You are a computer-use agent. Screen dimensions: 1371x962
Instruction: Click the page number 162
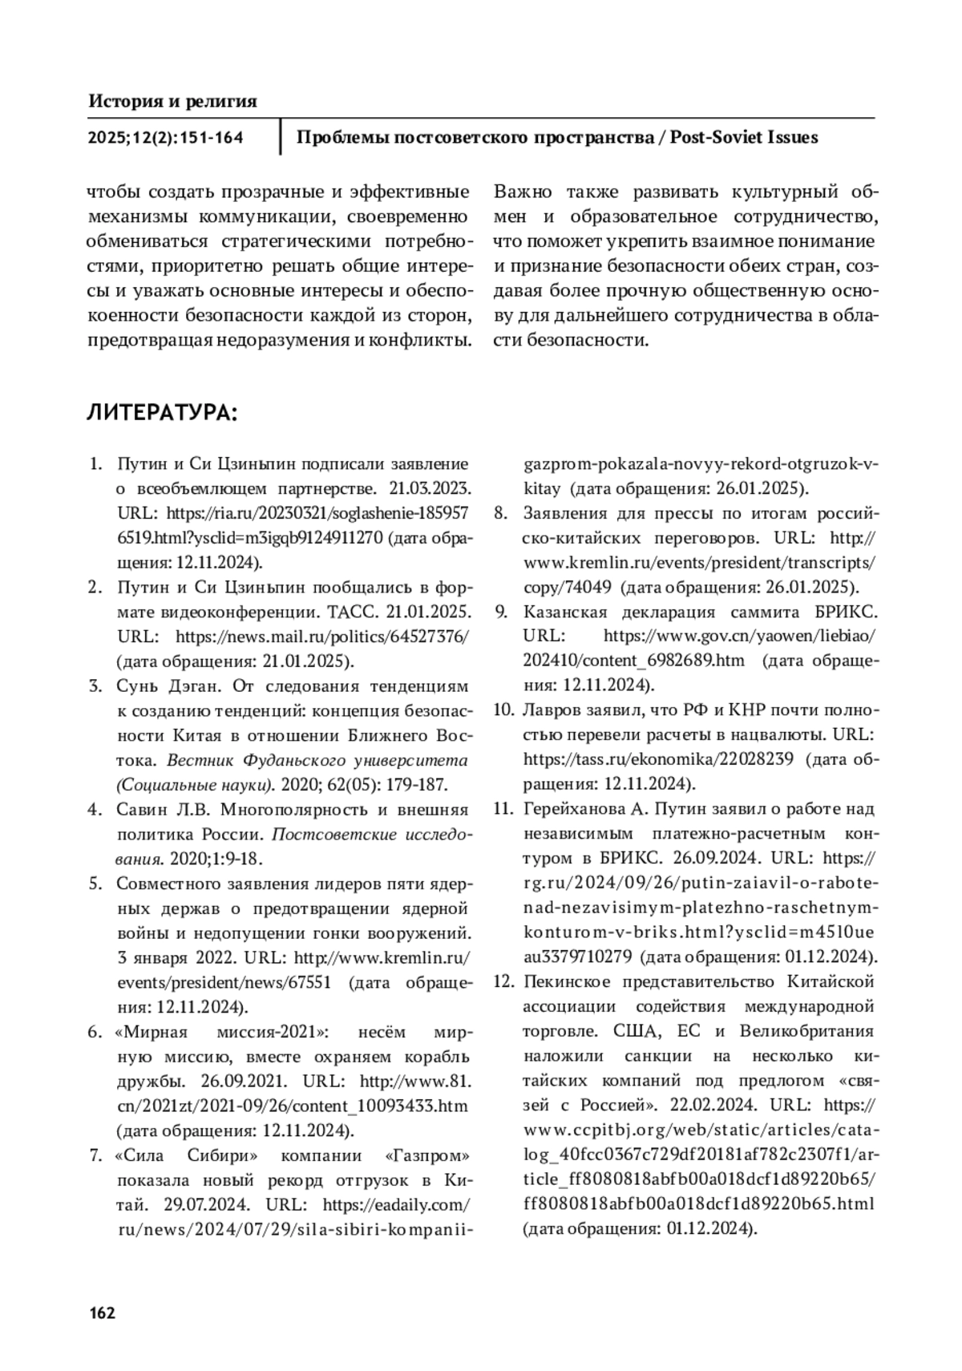pyautogui.click(x=102, y=1312)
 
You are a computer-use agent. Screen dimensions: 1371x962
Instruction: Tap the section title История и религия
pyautogui.click(x=172, y=101)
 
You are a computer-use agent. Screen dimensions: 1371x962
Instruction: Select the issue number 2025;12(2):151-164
pyautogui.click(x=165, y=138)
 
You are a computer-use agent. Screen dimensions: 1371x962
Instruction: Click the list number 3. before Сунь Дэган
pyautogui.click(x=95, y=686)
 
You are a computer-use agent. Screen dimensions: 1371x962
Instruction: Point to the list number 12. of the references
pyautogui.click(x=502, y=981)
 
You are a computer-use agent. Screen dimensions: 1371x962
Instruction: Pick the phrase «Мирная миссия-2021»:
pyautogui.click(x=221, y=1031)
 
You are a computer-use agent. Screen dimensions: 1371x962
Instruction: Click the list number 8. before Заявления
pyautogui.click(x=499, y=513)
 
